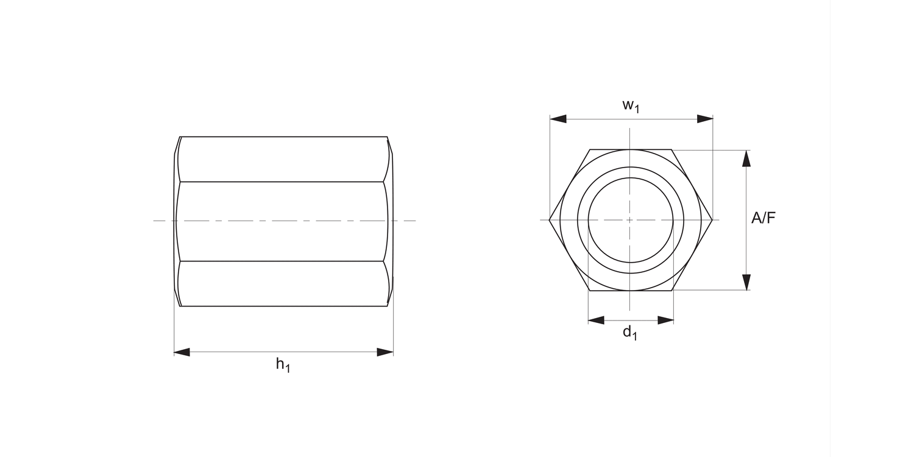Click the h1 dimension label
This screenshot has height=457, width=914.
(x=283, y=366)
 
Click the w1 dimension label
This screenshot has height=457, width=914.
(x=631, y=105)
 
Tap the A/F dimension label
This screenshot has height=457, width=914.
(x=763, y=218)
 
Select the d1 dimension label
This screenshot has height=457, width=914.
(x=629, y=333)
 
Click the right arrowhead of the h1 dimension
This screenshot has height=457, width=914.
(x=385, y=352)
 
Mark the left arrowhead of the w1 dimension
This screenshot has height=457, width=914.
(x=558, y=119)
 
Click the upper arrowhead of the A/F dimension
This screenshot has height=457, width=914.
(x=746, y=158)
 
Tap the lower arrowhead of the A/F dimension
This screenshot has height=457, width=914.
(x=746, y=282)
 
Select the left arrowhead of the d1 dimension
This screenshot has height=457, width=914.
(x=596, y=320)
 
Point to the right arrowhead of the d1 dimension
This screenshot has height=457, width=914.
(x=666, y=320)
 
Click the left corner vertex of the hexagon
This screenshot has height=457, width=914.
(x=550, y=219)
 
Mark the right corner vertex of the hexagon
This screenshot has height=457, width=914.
(x=712, y=219)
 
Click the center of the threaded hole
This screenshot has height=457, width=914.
(x=631, y=219)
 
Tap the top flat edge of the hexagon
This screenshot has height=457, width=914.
(x=631, y=149)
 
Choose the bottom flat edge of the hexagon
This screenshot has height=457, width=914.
(x=631, y=291)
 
